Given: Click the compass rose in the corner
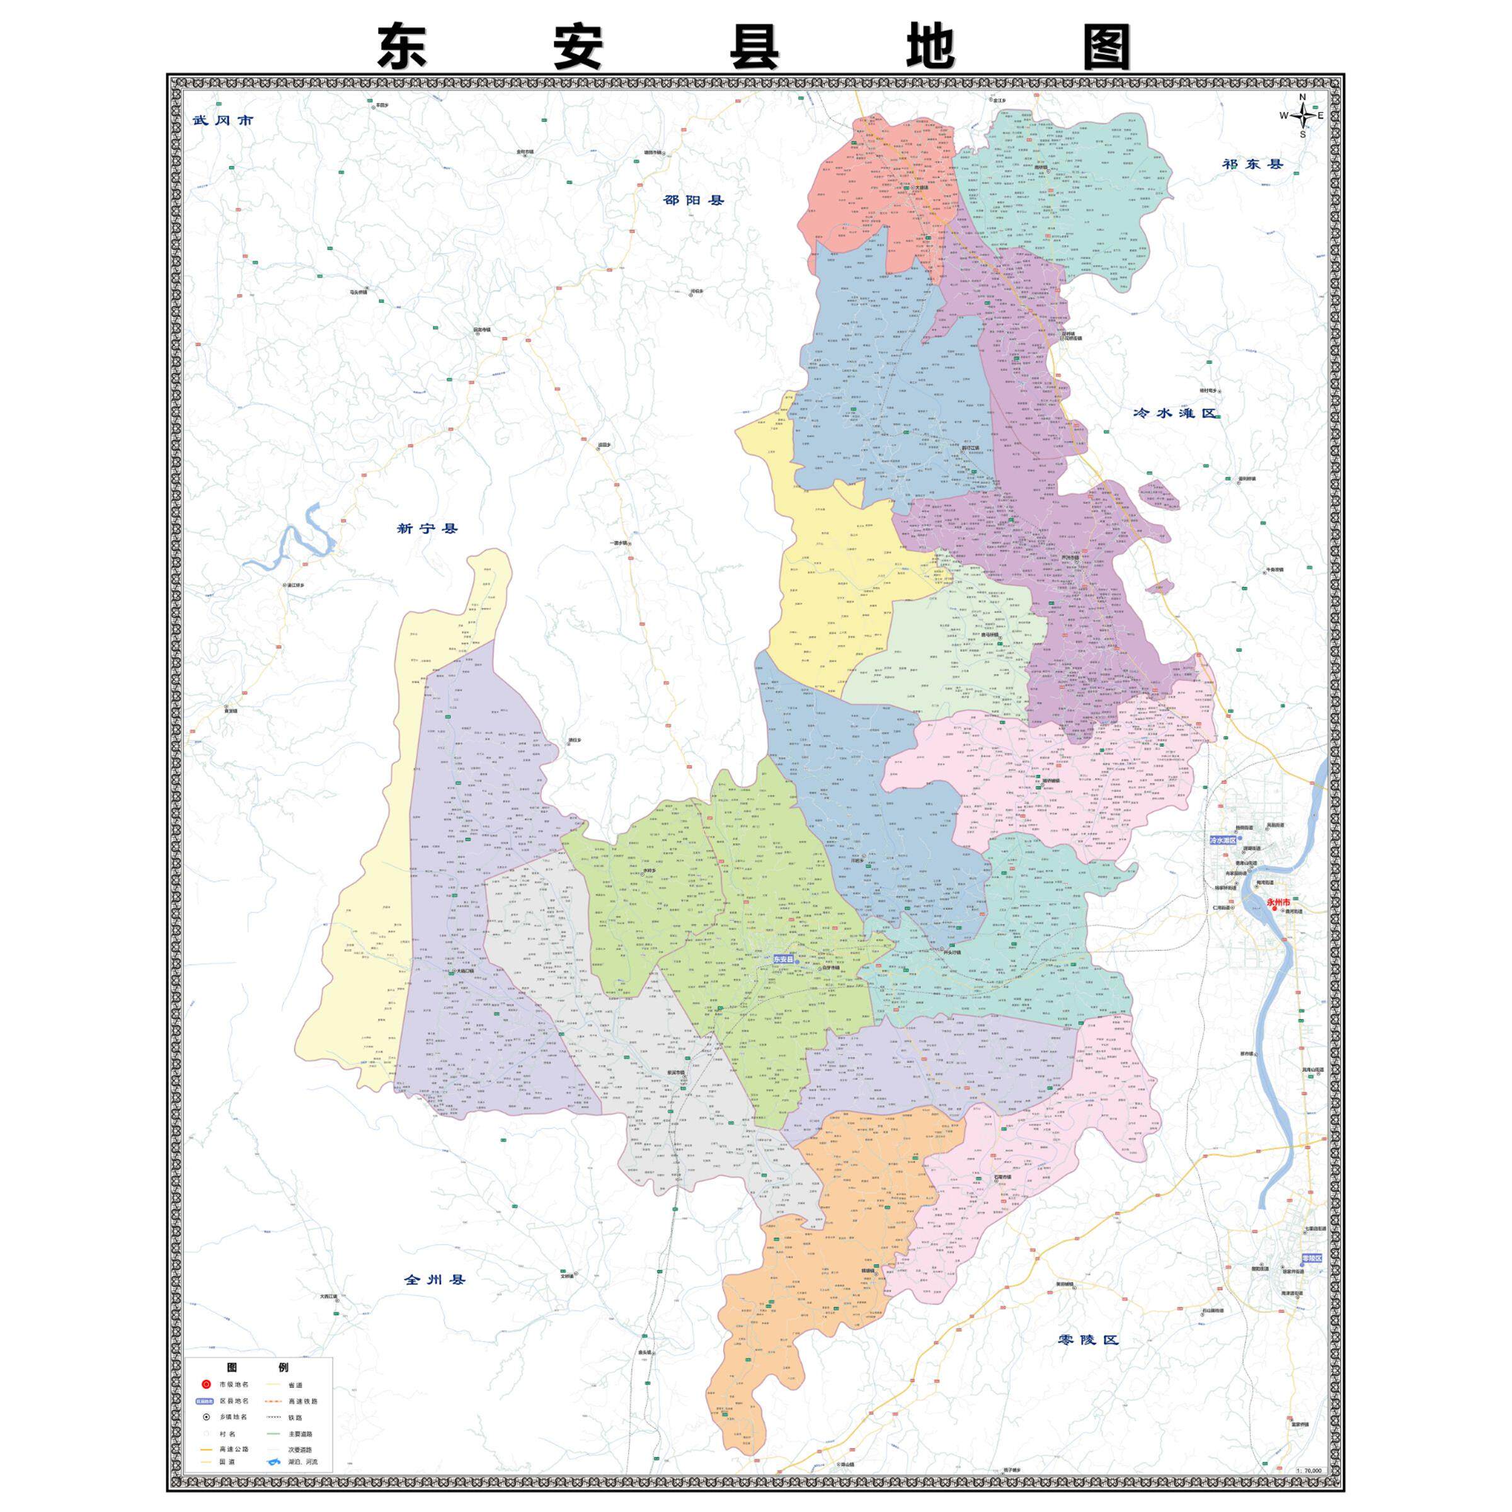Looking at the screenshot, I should (1302, 116).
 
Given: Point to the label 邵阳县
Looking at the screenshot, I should (694, 200).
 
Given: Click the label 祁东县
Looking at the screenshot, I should (1253, 164).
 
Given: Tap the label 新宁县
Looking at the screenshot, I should (427, 529).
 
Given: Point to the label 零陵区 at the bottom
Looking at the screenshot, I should (1088, 1339).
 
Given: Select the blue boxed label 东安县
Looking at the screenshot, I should (782, 959).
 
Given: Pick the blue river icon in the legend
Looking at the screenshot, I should (275, 1462).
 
